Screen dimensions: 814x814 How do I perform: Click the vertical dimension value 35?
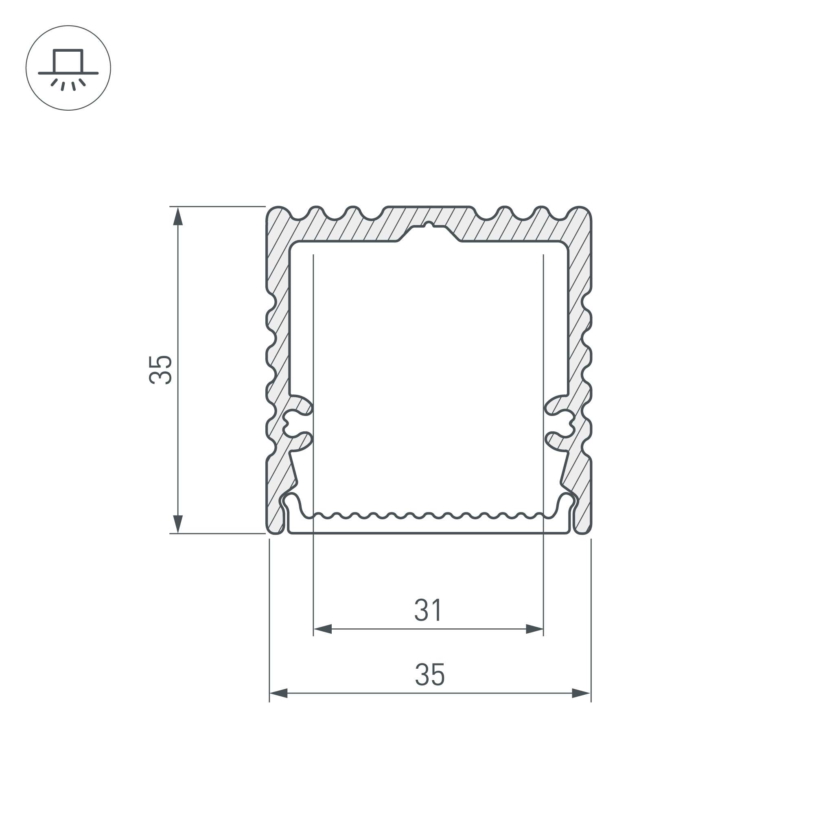click(160, 370)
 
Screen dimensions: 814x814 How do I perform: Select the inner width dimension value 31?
click(428, 610)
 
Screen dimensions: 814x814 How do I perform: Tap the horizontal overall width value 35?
click(430, 674)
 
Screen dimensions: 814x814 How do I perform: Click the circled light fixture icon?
click(68, 68)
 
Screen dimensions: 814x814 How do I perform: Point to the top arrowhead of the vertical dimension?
click(178, 216)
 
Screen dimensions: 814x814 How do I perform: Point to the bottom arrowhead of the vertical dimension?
click(178, 524)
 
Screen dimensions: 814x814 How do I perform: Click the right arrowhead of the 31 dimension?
click(534, 630)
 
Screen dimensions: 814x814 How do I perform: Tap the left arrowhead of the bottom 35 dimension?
click(278, 693)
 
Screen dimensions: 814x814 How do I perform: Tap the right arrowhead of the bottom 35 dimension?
click(581, 693)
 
